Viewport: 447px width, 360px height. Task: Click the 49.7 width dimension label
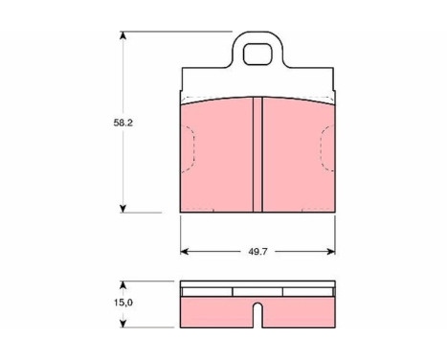[257, 253]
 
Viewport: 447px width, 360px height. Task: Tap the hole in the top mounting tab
[258, 54]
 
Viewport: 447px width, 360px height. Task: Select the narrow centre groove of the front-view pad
[257, 155]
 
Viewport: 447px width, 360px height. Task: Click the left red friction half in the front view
[216, 158]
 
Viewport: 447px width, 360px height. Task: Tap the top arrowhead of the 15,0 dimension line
[123, 283]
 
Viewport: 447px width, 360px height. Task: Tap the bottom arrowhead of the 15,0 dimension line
[123, 320]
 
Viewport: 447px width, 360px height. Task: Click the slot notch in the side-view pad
[257, 312]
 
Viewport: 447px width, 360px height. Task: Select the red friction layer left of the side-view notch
[215, 308]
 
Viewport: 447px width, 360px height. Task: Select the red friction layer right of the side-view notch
[300, 308]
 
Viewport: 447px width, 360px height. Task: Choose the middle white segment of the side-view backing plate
[257, 291]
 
